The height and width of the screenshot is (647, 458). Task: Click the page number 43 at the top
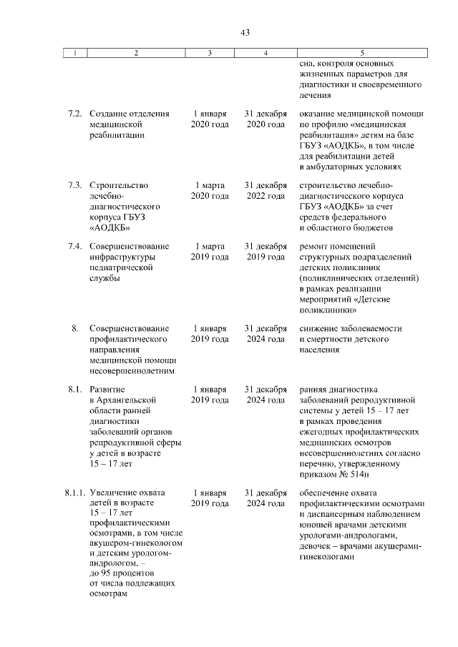point(245,32)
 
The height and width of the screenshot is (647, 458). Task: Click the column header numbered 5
point(361,52)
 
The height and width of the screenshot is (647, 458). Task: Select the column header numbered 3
point(210,52)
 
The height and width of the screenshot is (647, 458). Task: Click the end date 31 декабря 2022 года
point(265,190)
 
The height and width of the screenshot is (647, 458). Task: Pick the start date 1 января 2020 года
point(210,119)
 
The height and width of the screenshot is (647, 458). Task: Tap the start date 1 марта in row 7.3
point(210,185)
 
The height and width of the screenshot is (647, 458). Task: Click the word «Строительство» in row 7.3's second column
point(119,185)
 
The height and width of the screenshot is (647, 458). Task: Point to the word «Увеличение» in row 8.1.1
point(114,493)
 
